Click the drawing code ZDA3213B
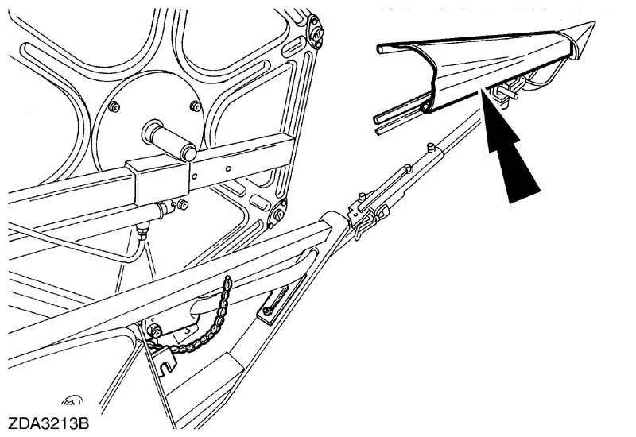(48, 423)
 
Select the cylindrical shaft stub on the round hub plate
(169, 141)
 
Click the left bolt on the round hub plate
(114, 107)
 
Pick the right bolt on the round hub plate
(196, 106)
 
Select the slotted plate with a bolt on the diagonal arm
(273, 304)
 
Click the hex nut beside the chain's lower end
(155, 333)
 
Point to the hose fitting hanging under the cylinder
(142, 232)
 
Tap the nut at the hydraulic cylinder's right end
(182, 205)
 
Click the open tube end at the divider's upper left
(381, 49)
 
